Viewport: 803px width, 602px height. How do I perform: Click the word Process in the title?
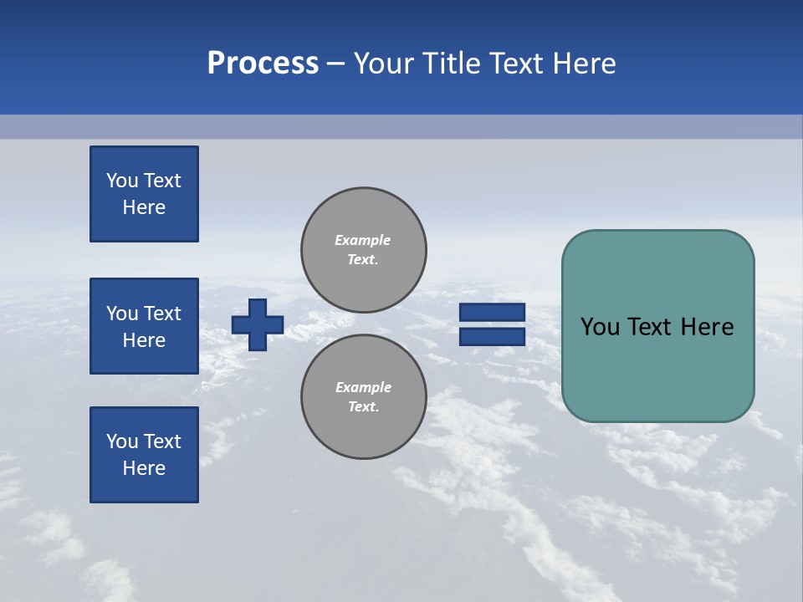263,64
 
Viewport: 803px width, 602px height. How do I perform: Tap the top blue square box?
144,194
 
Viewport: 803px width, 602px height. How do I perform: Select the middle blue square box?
144,326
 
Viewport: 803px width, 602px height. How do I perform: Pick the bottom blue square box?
144,455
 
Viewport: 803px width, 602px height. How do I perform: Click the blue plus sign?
258,324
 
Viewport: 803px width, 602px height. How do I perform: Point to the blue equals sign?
493,324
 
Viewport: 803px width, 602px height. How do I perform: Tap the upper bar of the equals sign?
493,313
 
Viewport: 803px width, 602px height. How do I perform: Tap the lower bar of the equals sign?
493,336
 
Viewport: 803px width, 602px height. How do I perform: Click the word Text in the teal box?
655,327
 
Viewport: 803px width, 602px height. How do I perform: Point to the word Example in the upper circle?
363,240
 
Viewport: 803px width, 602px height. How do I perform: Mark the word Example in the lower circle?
363,387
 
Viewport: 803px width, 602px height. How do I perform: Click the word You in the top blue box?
122,181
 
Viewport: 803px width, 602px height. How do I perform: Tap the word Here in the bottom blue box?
144,468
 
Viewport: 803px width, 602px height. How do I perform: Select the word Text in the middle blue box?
162,314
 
